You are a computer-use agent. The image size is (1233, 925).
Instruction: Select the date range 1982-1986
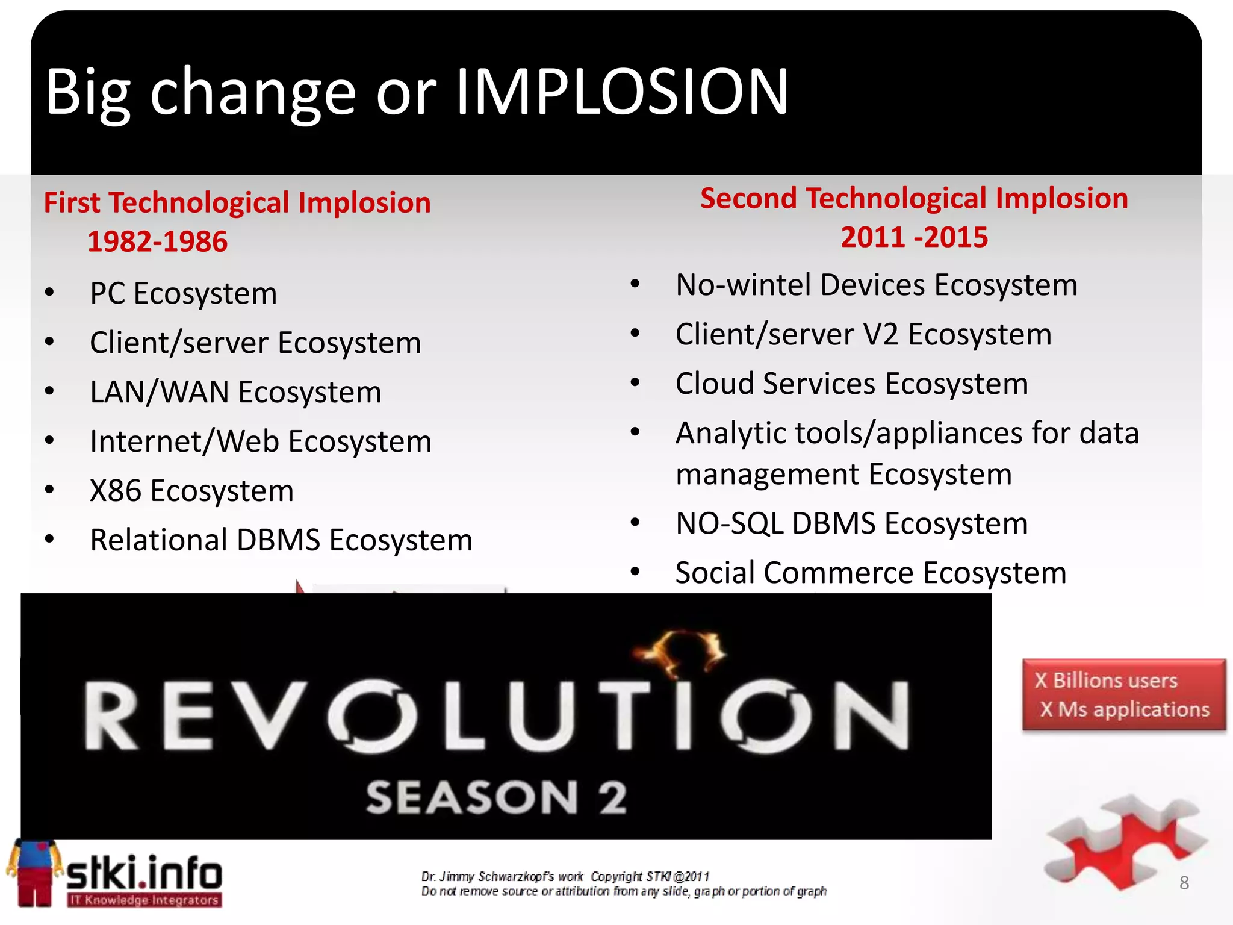click(x=157, y=242)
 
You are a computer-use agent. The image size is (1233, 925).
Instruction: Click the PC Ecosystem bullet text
click(x=183, y=294)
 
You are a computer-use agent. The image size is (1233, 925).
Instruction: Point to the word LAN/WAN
click(x=159, y=393)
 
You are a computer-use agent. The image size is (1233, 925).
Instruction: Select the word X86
click(x=115, y=491)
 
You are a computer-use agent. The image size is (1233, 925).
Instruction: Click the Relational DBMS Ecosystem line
click(x=281, y=540)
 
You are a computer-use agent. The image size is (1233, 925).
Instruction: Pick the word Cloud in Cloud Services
click(x=714, y=384)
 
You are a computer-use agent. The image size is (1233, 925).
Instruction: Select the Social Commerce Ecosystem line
click(x=871, y=573)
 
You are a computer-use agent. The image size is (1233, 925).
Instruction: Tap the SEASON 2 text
click(x=497, y=797)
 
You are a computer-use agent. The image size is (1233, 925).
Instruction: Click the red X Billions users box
click(x=1123, y=695)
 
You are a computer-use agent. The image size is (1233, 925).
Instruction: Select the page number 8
click(x=1184, y=883)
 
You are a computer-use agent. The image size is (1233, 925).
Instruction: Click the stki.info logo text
click(x=143, y=873)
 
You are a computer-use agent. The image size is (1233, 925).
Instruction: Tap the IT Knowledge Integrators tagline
click(x=144, y=900)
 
